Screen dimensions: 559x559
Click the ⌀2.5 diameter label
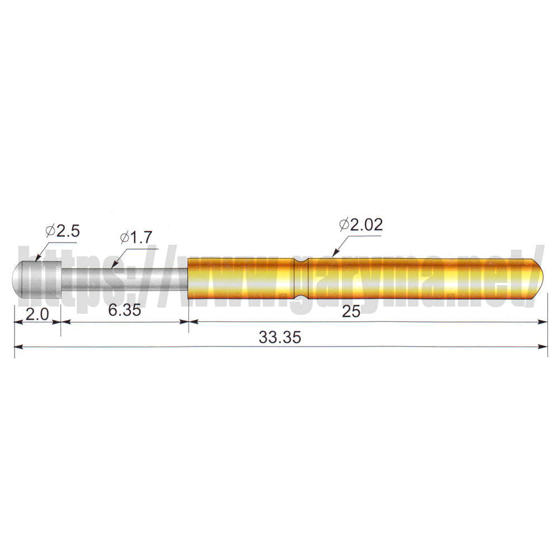click(63, 231)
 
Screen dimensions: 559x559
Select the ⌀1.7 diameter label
click(136, 238)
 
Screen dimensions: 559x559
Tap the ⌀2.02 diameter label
click(361, 225)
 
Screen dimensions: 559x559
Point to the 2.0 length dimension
click(37, 314)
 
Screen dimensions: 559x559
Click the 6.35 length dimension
click(125, 310)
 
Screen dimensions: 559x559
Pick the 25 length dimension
click(351, 311)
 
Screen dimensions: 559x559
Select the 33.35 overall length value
click(280, 337)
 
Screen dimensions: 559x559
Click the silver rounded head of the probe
click(37, 279)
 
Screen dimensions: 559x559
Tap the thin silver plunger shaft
click(125, 279)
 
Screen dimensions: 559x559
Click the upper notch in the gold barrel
click(301, 260)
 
